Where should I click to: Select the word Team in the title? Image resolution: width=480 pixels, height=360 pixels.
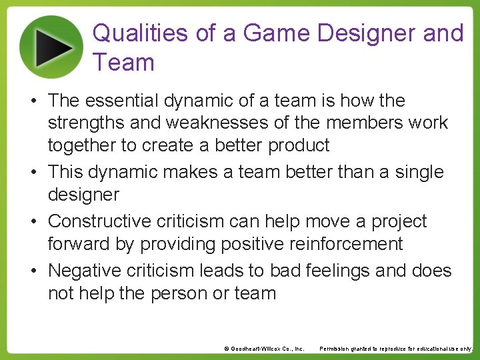pos(124,63)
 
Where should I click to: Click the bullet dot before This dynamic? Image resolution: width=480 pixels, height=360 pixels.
pos(33,173)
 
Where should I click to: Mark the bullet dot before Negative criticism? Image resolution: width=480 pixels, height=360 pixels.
pos(33,271)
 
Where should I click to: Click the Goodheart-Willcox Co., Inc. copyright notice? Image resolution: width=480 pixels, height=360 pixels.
pos(264,349)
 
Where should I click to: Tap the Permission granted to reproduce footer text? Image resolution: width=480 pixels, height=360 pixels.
pos(396,349)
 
